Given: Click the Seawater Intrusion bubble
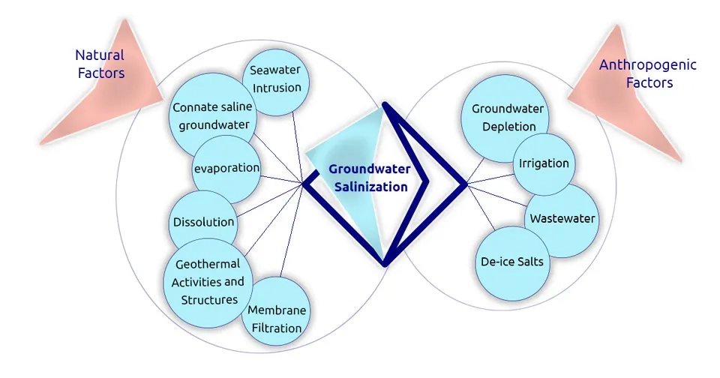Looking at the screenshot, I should pos(276,79).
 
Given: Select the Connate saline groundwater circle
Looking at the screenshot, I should pos(212,116).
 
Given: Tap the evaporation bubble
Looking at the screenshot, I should pos(226,168).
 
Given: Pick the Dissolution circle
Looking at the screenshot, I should pos(203,222).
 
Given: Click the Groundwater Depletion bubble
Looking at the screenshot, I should pos(503,118).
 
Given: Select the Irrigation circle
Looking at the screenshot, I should pos(544,163).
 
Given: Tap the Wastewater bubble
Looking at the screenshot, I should pos(562,219).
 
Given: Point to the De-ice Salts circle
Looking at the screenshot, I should pos(512,262).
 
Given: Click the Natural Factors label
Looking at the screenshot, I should pos(100,64).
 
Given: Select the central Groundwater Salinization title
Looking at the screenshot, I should pos(368,178).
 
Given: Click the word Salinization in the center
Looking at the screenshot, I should pos(368,187).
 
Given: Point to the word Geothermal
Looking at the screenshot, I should pos(207,264).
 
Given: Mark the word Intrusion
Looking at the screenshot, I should pos(276,87).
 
